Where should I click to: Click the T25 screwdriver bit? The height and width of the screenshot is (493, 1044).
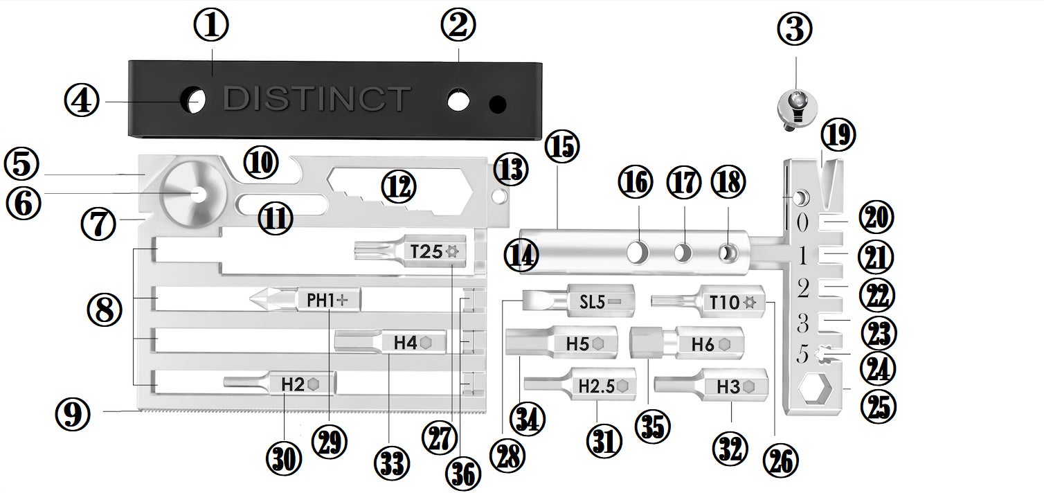click(412, 251)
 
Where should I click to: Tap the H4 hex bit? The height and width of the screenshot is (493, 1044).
click(391, 341)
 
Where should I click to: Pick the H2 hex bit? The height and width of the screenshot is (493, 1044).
click(280, 383)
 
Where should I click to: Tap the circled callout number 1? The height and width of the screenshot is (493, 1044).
click(212, 26)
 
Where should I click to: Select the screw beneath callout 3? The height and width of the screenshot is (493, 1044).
click(797, 109)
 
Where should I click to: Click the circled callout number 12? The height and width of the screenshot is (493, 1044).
click(398, 188)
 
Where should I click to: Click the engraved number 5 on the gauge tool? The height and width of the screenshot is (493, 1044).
click(802, 355)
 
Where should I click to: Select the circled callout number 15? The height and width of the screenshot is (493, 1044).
click(561, 147)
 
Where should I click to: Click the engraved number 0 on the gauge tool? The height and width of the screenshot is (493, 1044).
click(802, 223)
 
